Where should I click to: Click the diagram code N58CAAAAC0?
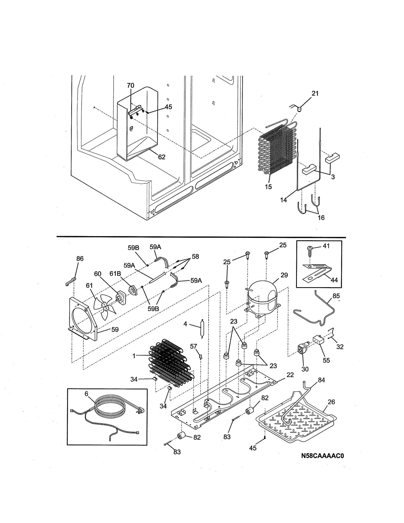322,456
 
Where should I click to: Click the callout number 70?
131,86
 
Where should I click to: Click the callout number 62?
162,157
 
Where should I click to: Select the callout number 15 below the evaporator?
268,187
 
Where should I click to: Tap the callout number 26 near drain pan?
331,402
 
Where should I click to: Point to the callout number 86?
80,259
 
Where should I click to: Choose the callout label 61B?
115,274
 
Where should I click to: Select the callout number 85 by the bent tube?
336,296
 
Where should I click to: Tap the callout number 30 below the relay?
305,369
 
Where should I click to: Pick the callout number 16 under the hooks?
321,218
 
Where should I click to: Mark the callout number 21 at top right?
315,93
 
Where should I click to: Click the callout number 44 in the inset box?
334,280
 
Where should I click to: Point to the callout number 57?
193,346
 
